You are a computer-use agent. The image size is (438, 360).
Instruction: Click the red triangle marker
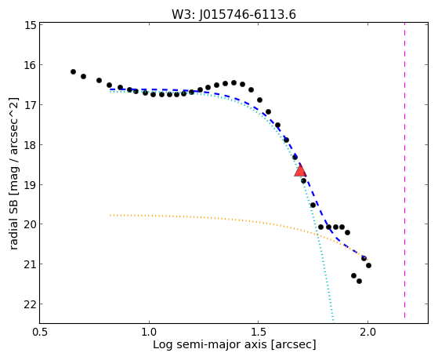pyautogui.click(x=300, y=171)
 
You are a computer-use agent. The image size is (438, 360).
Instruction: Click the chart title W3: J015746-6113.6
pyautogui.click(x=233, y=14)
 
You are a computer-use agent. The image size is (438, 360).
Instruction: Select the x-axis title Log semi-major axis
pyautogui.click(x=234, y=344)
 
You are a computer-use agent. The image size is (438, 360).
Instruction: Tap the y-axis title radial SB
pyautogui.click(x=14, y=174)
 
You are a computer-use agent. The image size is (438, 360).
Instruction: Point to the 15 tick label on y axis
pyautogui.click(x=31, y=25)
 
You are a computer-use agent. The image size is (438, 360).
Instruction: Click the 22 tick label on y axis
pyautogui.click(x=31, y=304)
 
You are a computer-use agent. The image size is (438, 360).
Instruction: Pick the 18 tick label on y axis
pyautogui.click(x=31, y=145)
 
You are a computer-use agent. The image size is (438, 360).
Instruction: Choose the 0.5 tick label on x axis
pyautogui.click(x=40, y=332)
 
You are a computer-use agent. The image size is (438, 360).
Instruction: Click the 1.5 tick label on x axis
pyautogui.click(x=259, y=332)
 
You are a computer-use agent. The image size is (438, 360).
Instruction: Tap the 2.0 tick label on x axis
pyautogui.click(x=368, y=332)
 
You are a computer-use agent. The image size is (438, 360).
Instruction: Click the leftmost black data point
pyautogui.click(x=73, y=72)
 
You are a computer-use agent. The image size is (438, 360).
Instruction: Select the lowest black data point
pyautogui.click(x=359, y=281)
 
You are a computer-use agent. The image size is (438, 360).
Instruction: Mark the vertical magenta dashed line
pyautogui.click(x=405, y=171)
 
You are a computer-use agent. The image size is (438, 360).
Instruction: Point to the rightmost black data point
pyautogui.click(x=369, y=265)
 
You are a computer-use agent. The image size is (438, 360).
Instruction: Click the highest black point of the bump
pyautogui.click(x=233, y=83)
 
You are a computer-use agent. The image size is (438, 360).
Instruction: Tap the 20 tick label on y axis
pyautogui.click(x=31, y=224)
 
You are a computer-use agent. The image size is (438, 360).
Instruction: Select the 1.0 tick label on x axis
pyautogui.click(x=149, y=332)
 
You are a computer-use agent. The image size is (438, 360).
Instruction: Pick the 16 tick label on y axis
pyautogui.click(x=31, y=65)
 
